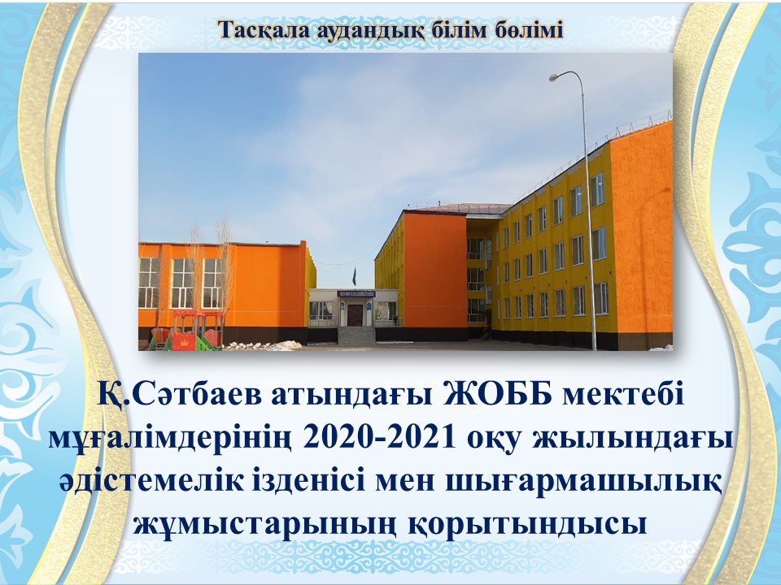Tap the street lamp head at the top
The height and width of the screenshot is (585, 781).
point(555,77)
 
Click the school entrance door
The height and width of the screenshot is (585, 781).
point(355,315)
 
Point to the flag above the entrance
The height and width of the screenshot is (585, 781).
point(354,276)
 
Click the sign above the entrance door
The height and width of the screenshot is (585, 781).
point(356,294)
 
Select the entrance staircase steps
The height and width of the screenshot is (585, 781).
point(356,336)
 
